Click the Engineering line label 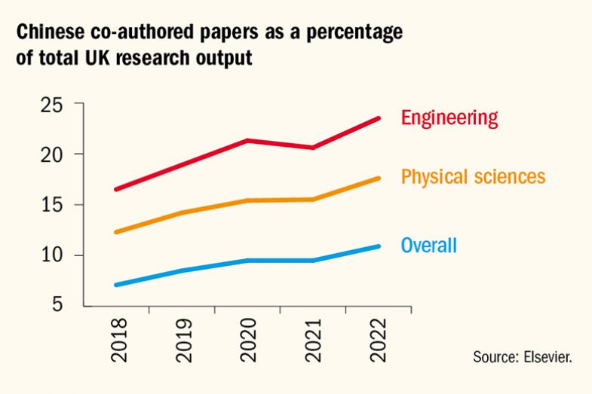click(449, 118)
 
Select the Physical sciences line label click(473, 178)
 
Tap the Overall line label click(428, 245)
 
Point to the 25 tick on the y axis click(53, 104)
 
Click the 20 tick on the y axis click(53, 154)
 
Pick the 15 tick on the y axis click(53, 205)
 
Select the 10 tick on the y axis click(53, 255)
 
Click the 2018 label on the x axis click(119, 340)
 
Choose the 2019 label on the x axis click(183, 340)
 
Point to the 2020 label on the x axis click(248, 340)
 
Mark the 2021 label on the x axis click(312, 340)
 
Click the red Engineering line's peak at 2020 click(248, 141)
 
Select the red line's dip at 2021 click(312, 148)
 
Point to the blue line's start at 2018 click(116, 285)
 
